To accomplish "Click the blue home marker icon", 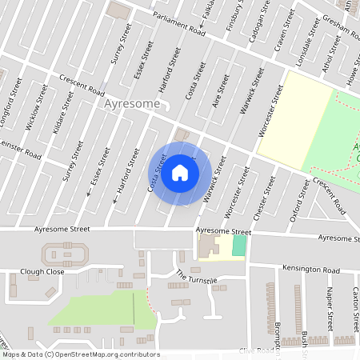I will coord(180,173).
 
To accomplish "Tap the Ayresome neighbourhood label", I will coord(132,105).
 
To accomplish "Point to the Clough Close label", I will coord(42,272).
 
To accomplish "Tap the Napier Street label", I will coord(330,310).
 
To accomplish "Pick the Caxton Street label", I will coord(354,310).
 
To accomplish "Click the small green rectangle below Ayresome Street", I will coord(238,246).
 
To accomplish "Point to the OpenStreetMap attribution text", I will coord(81,354).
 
